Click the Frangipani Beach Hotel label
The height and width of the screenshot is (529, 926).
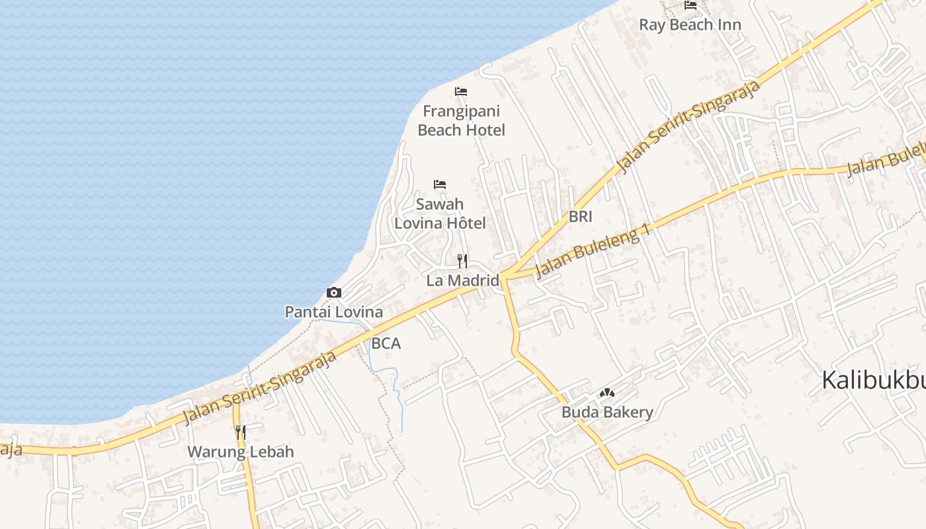(x=461, y=120)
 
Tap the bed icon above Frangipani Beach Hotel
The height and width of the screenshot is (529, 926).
(x=461, y=91)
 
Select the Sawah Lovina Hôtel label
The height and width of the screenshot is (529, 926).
(x=440, y=213)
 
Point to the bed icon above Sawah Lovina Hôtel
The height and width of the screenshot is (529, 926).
(x=440, y=184)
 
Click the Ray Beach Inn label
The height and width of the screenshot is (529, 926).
(x=690, y=25)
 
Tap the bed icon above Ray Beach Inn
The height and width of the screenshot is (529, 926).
(x=691, y=5)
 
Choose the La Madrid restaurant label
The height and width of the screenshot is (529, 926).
(x=462, y=280)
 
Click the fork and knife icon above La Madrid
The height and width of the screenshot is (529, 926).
(x=462, y=261)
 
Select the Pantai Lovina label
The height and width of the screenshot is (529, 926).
(x=333, y=312)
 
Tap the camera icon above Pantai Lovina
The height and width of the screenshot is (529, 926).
(x=334, y=292)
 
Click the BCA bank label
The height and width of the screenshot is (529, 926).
(x=386, y=344)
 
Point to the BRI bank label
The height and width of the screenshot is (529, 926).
(x=580, y=217)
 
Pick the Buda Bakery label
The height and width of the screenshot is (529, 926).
(x=607, y=413)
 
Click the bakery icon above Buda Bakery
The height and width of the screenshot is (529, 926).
(x=607, y=393)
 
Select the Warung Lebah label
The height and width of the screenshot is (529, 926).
(x=241, y=452)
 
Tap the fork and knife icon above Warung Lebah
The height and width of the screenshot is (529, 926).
(x=241, y=432)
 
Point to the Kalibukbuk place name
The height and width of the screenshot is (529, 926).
(x=873, y=381)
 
